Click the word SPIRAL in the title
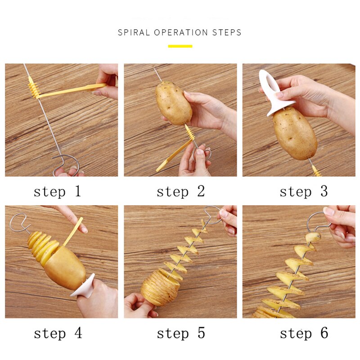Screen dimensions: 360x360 pos(134,32)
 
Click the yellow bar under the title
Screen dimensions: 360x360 pos(180,46)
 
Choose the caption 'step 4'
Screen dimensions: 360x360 pos(57,333)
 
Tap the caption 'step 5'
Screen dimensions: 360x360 pos(180,333)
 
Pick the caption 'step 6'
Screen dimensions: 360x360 pos(303,333)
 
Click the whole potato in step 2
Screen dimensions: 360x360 pos(173,102)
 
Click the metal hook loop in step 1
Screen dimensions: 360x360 pos(66,165)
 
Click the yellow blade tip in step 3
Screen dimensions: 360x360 pos(316,171)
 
